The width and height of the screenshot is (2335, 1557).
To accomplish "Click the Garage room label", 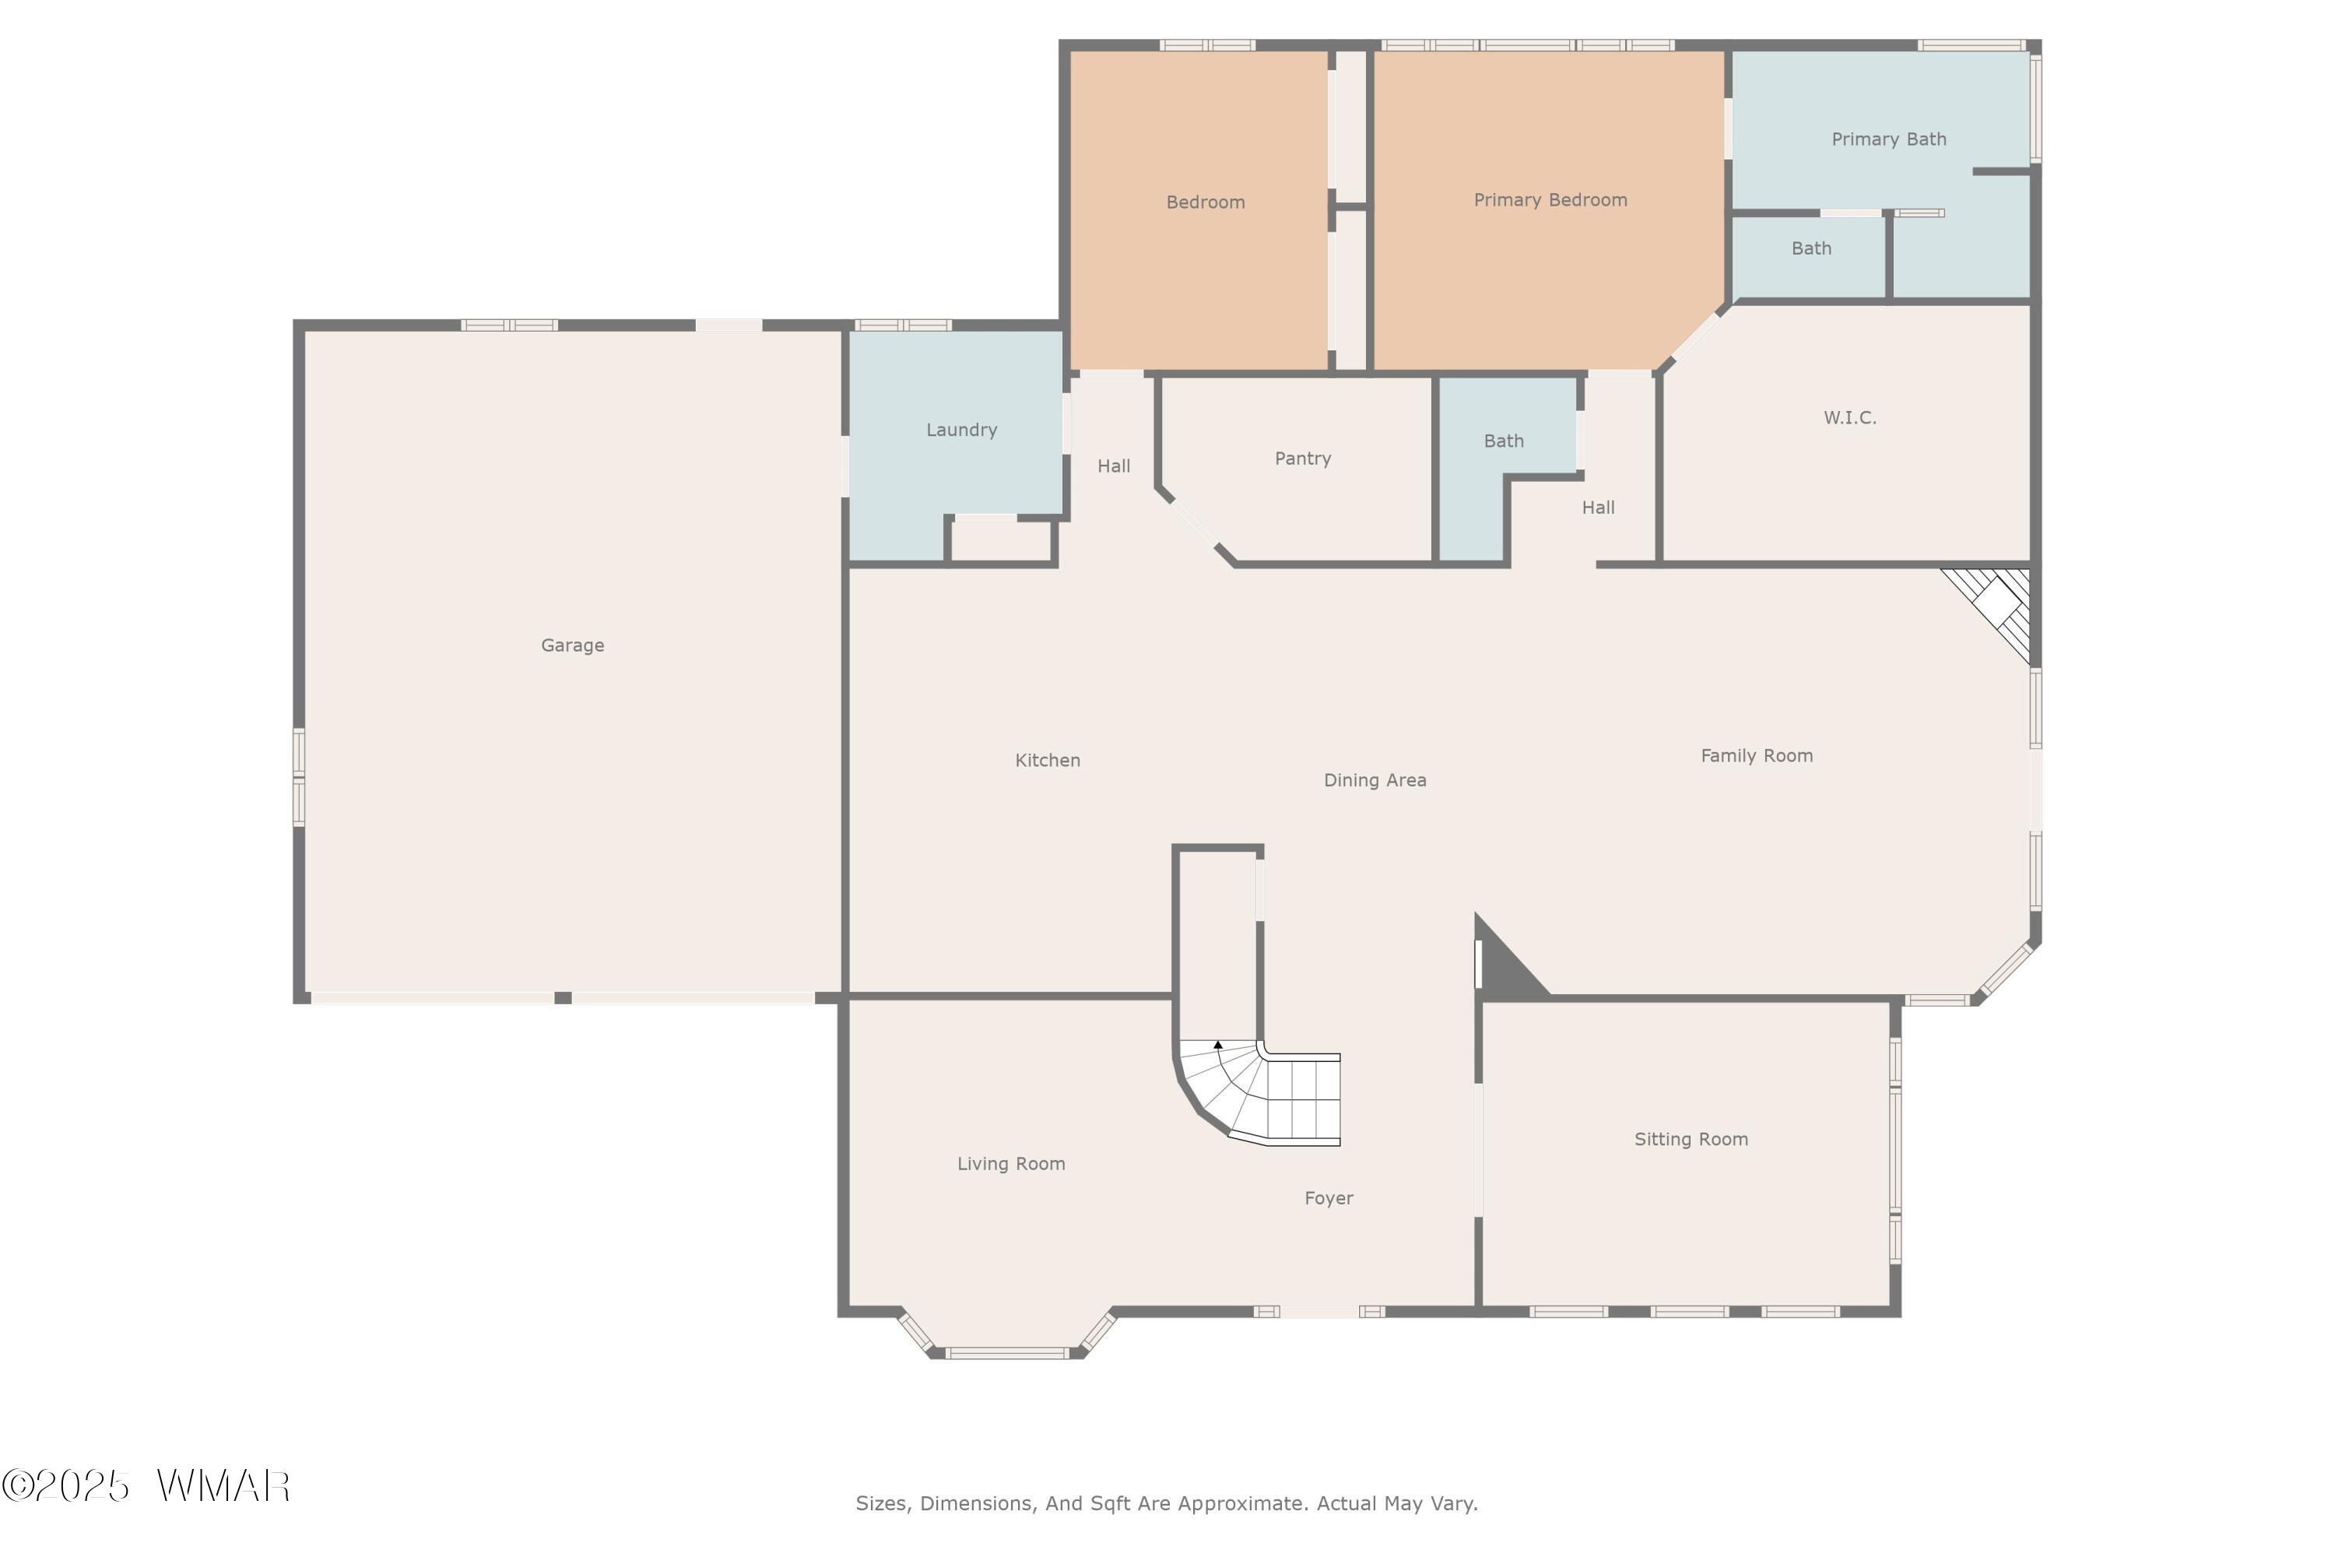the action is point(572,645).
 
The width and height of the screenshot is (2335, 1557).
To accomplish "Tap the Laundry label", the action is point(961,430).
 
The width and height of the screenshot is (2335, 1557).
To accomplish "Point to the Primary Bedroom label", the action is point(1550,199).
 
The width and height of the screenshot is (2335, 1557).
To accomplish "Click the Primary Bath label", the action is point(1888,139).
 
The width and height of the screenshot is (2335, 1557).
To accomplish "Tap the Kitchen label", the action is point(1048,761).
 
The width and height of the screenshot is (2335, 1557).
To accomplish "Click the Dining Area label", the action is point(1375,781).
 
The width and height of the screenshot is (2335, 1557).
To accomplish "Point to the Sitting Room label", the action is point(1691,1139).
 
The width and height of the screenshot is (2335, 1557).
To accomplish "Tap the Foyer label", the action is point(1329,1199).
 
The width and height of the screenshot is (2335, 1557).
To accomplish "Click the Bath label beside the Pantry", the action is point(1503,441).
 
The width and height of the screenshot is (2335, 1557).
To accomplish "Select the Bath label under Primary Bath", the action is point(1811,248).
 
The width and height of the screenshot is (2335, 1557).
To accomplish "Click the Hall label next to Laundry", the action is point(1113,466).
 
